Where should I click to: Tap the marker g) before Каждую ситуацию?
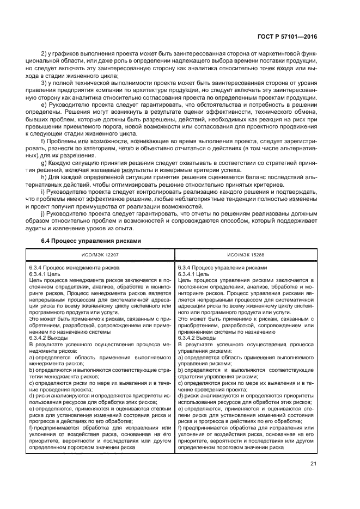(x=45, y=163)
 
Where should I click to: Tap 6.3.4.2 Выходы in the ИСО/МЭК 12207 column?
(x=47, y=338)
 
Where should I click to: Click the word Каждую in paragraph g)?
(x=61, y=163)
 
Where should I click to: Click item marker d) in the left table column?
(x=32, y=395)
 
